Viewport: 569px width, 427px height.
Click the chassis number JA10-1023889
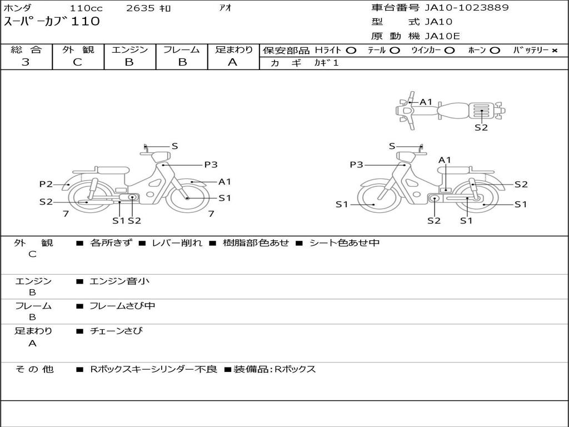click(x=467, y=8)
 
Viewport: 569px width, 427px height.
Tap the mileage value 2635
click(x=140, y=8)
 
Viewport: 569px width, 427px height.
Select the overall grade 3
click(x=26, y=62)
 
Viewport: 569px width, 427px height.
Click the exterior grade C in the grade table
click(x=77, y=62)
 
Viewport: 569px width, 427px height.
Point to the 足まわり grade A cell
click(x=233, y=62)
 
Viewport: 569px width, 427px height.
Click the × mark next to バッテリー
click(x=554, y=51)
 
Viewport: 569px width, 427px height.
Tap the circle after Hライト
click(x=351, y=51)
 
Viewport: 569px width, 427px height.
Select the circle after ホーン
click(x=495, y=51)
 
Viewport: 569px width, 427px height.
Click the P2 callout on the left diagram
click(x=46, y=184)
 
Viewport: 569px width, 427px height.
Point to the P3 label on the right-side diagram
click(x=356, y=165)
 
